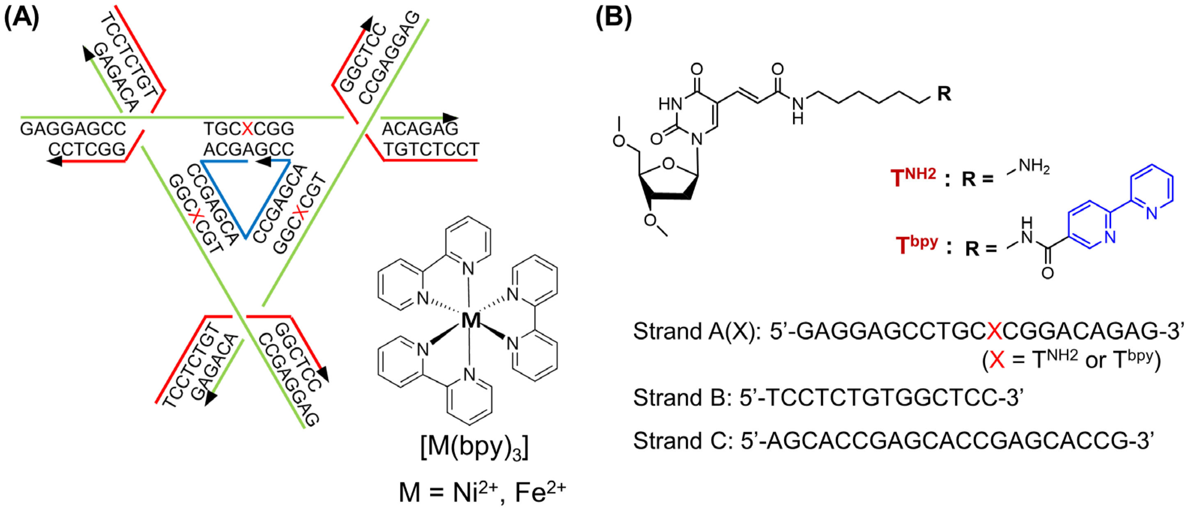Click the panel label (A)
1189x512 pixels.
pos(22,18)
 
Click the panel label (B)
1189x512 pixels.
pos(613,18)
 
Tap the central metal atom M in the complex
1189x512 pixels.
pos(470,320)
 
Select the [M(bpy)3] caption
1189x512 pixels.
pos(474,447)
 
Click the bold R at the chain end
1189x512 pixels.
pos(944,94)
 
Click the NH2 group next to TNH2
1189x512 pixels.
pos(1034,167)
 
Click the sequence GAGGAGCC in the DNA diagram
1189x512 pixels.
pos(73,129)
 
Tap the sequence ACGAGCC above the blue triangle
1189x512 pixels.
pos(249,149)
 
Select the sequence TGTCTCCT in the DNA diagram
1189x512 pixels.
pos(432,150)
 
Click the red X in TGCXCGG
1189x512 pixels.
pos(248,129)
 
